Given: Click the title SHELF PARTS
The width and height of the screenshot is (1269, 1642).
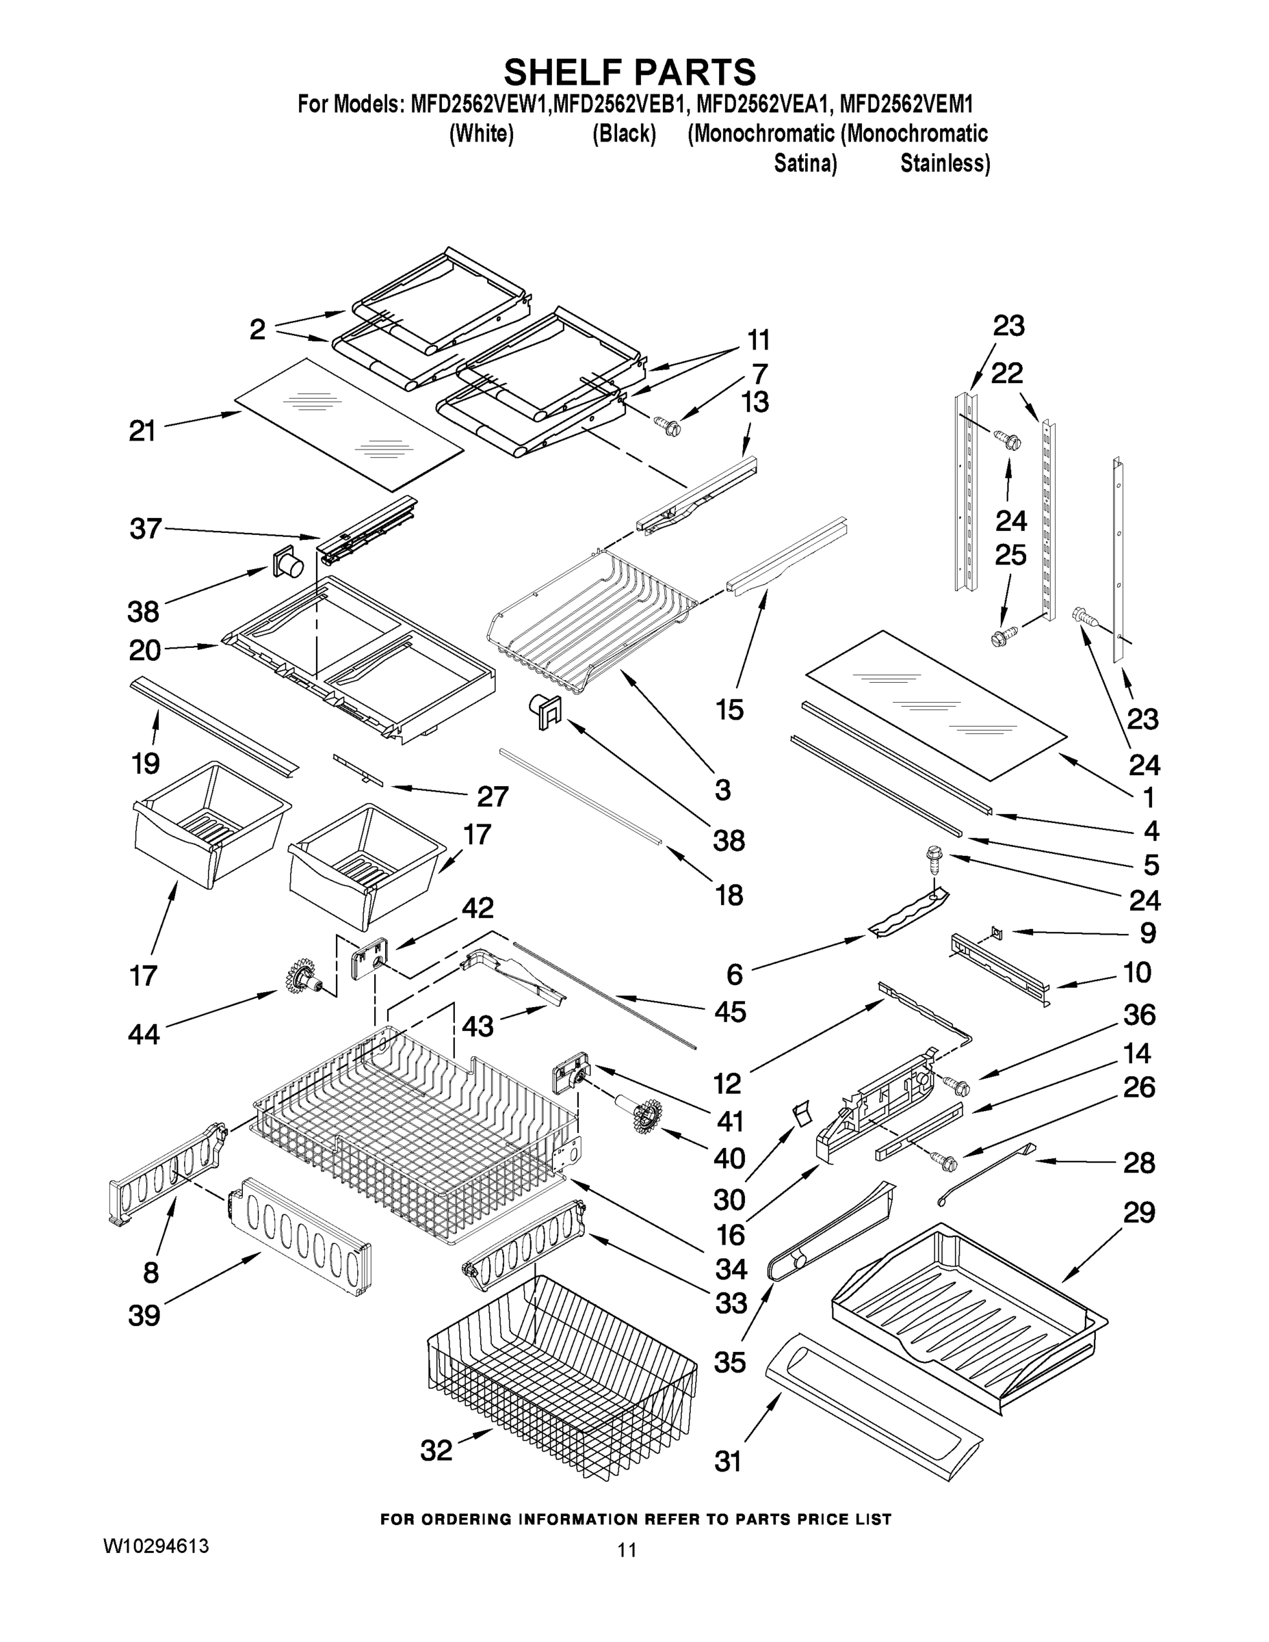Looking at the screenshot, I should [x=629, y=73].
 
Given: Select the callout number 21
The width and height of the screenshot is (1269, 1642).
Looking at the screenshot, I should [x=142, y=431].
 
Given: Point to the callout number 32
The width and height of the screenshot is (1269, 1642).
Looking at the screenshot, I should [x=436, y=1450].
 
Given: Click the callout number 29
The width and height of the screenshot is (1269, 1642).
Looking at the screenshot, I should [x=1139, y=1213].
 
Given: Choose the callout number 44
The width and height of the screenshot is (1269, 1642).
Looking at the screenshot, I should [x=144, y=1034].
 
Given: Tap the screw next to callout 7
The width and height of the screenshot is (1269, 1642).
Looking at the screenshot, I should [x=668, y=427].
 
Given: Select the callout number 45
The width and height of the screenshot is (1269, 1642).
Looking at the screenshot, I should [x=730, y=1011].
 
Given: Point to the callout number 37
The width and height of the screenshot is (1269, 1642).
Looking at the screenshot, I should [x=145, y=529].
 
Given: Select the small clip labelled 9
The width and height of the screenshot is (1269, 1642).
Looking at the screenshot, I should [x=997, y=933].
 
